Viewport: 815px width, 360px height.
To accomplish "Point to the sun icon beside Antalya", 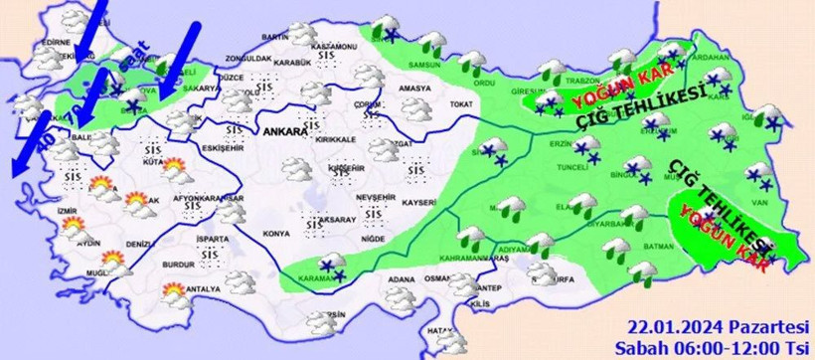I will [174, 291].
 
